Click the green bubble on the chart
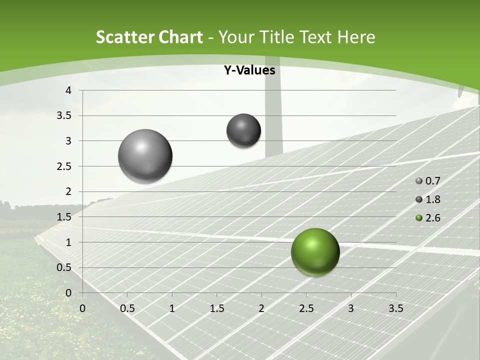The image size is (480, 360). (315, 252)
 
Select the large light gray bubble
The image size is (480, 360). (145, 156)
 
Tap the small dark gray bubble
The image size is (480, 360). (244, 130)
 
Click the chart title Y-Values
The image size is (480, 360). (249, 70)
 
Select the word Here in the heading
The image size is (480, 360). (356, 37)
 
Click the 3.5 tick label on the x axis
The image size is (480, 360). (396, 308)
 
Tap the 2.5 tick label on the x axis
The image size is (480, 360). (306, 308)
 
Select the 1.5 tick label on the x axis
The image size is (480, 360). (216, 308)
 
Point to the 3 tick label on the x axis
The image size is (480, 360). (351, 308)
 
